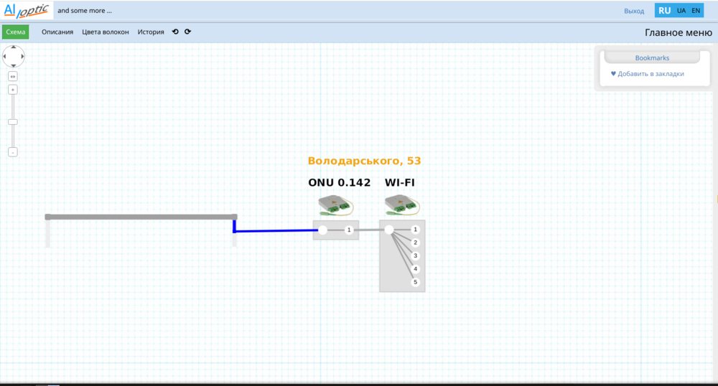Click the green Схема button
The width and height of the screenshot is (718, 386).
tap(15, 32)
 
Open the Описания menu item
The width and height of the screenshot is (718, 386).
tap(57, 32)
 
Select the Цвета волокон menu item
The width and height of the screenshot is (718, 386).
tap(106, 32)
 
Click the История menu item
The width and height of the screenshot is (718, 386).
tap(151, 32)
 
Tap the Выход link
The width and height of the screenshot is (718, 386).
tap(634, 11)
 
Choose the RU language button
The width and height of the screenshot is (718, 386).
tap(665, 11)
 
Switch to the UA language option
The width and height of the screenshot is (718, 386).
tap(681, 11)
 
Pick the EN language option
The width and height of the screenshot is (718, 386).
tap(696, 11)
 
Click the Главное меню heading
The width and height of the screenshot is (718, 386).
tap(679, 32)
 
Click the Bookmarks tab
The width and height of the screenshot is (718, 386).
tap(652, 57)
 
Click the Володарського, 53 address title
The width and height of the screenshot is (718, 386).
tap(364, 161)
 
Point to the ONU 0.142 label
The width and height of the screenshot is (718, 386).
tap(340, 183)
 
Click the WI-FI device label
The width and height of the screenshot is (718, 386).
tap(400, 183)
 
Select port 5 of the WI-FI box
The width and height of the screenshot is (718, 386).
tap(415, 282)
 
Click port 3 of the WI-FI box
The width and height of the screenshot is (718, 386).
tap(415, 255)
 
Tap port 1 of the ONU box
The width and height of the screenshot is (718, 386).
tap(349, 230)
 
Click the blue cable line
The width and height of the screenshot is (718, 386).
tap(276, 231)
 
